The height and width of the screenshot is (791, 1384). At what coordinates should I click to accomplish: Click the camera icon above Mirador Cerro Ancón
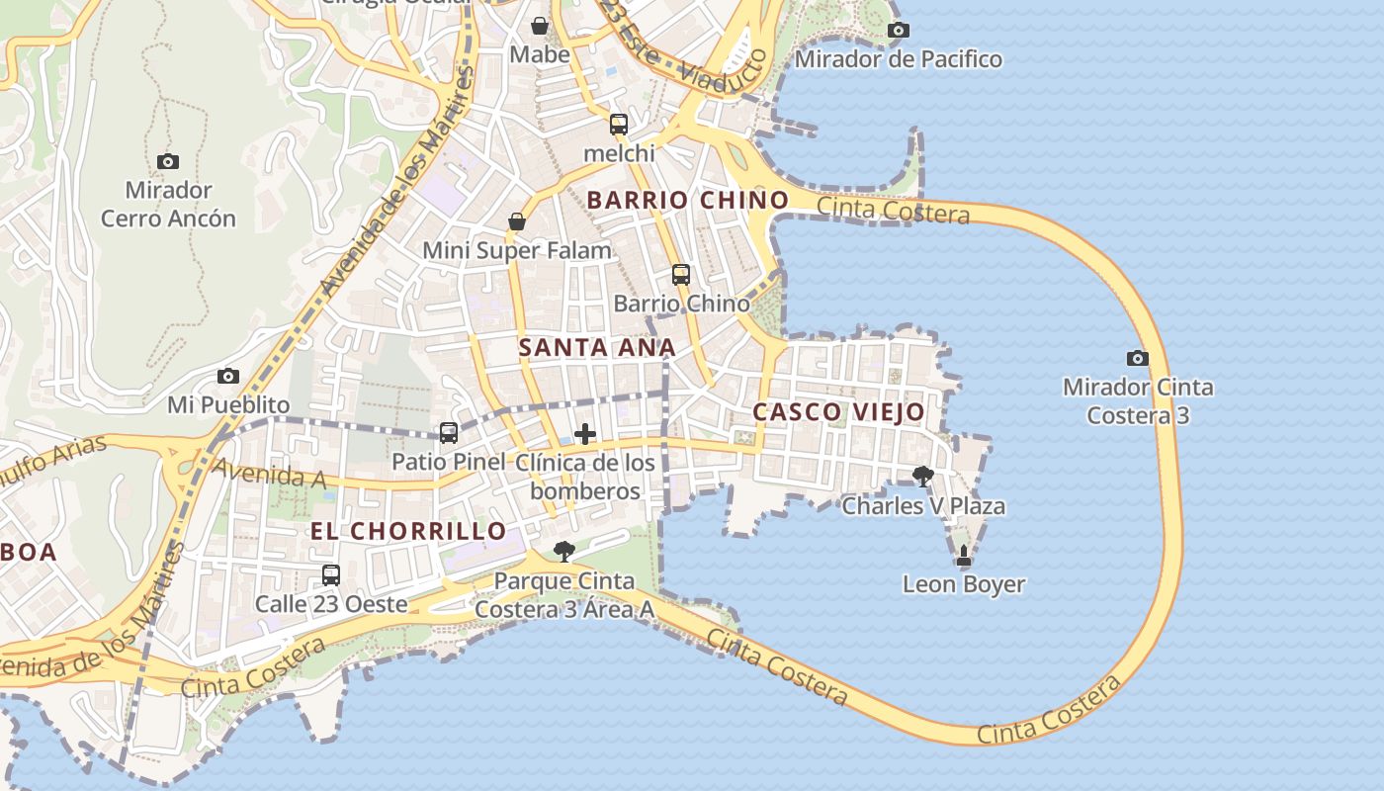tap(168, 161)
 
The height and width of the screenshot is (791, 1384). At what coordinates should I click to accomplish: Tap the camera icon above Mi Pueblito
tap(228, 377)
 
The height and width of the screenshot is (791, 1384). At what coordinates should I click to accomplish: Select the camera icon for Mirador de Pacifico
tap(898, 31)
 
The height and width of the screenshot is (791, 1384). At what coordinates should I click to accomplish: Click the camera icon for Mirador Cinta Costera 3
tap(1138, 358)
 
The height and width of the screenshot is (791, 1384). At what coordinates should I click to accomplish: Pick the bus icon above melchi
tap(619, 125)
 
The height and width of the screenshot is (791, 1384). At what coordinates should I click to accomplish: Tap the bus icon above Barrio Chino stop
tap(681, 275)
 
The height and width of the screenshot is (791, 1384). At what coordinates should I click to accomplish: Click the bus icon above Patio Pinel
tap(449, 432)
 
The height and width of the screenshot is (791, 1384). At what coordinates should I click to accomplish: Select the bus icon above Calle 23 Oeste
tap(331, 574)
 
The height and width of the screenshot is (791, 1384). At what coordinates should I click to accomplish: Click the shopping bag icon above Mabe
tap(540, 26)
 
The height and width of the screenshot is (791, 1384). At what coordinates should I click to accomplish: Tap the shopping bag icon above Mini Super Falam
tap(517, 221)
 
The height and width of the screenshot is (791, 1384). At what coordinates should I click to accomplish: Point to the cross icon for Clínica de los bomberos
tap(585, 434)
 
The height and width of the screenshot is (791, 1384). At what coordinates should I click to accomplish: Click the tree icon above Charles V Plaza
tap(923, 477)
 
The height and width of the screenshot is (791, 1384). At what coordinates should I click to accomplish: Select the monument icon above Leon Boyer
tap(964, 557)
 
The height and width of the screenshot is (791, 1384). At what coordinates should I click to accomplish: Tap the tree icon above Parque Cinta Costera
tap(564, 551)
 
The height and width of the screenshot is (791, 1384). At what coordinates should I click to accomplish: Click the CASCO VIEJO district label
tap(838, 412)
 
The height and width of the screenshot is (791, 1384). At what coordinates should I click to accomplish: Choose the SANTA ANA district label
tap(597, 348)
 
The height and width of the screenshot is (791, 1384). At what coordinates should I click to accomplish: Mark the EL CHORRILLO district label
tap(408, 531)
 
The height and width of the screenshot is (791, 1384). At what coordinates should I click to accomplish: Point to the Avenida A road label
tap(270, 474)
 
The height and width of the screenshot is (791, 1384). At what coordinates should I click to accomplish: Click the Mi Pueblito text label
tap(228, 405)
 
